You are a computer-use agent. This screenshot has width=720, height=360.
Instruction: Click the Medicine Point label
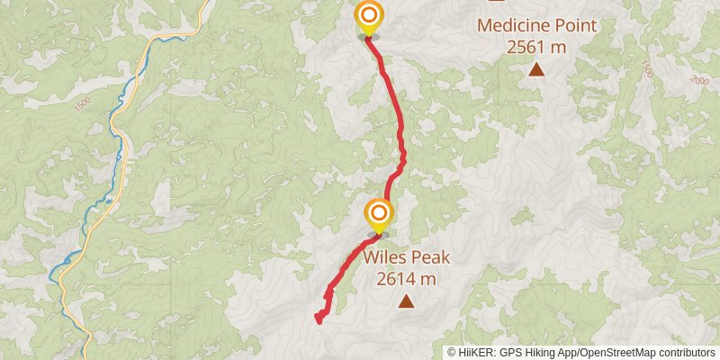click(536, 25)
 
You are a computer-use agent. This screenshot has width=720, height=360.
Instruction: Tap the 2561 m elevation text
click(536, 47)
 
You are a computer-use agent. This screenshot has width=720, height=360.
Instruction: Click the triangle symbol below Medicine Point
click(536, 68)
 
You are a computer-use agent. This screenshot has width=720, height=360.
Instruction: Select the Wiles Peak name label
click(407, 258)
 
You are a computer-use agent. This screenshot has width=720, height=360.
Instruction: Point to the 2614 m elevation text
click(407, 279)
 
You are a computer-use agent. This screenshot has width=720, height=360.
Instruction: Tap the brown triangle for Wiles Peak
click(407, 301)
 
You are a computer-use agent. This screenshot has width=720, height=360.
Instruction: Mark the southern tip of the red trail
click(319, 318)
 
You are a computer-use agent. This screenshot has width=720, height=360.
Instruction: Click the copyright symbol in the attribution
click(452, 353)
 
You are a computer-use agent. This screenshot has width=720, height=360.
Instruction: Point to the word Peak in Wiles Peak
click(429, 258)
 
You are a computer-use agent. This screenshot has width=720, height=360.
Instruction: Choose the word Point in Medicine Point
click(575, 25)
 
